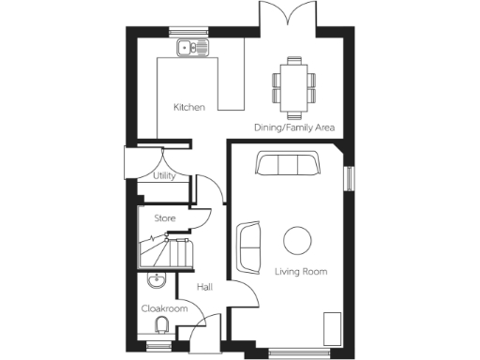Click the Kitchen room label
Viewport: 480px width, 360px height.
(188, 107)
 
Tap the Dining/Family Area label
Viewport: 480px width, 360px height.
(295, 127)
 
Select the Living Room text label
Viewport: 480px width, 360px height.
(300, 272)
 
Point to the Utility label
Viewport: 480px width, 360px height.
(164, 175)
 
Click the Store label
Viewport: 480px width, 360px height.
(165, 218)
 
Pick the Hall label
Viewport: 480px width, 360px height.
(204, 287)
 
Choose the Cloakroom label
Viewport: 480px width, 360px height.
(164, 308)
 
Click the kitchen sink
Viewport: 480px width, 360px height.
(193, 47)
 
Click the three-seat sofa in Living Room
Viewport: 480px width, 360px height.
(286, 166)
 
